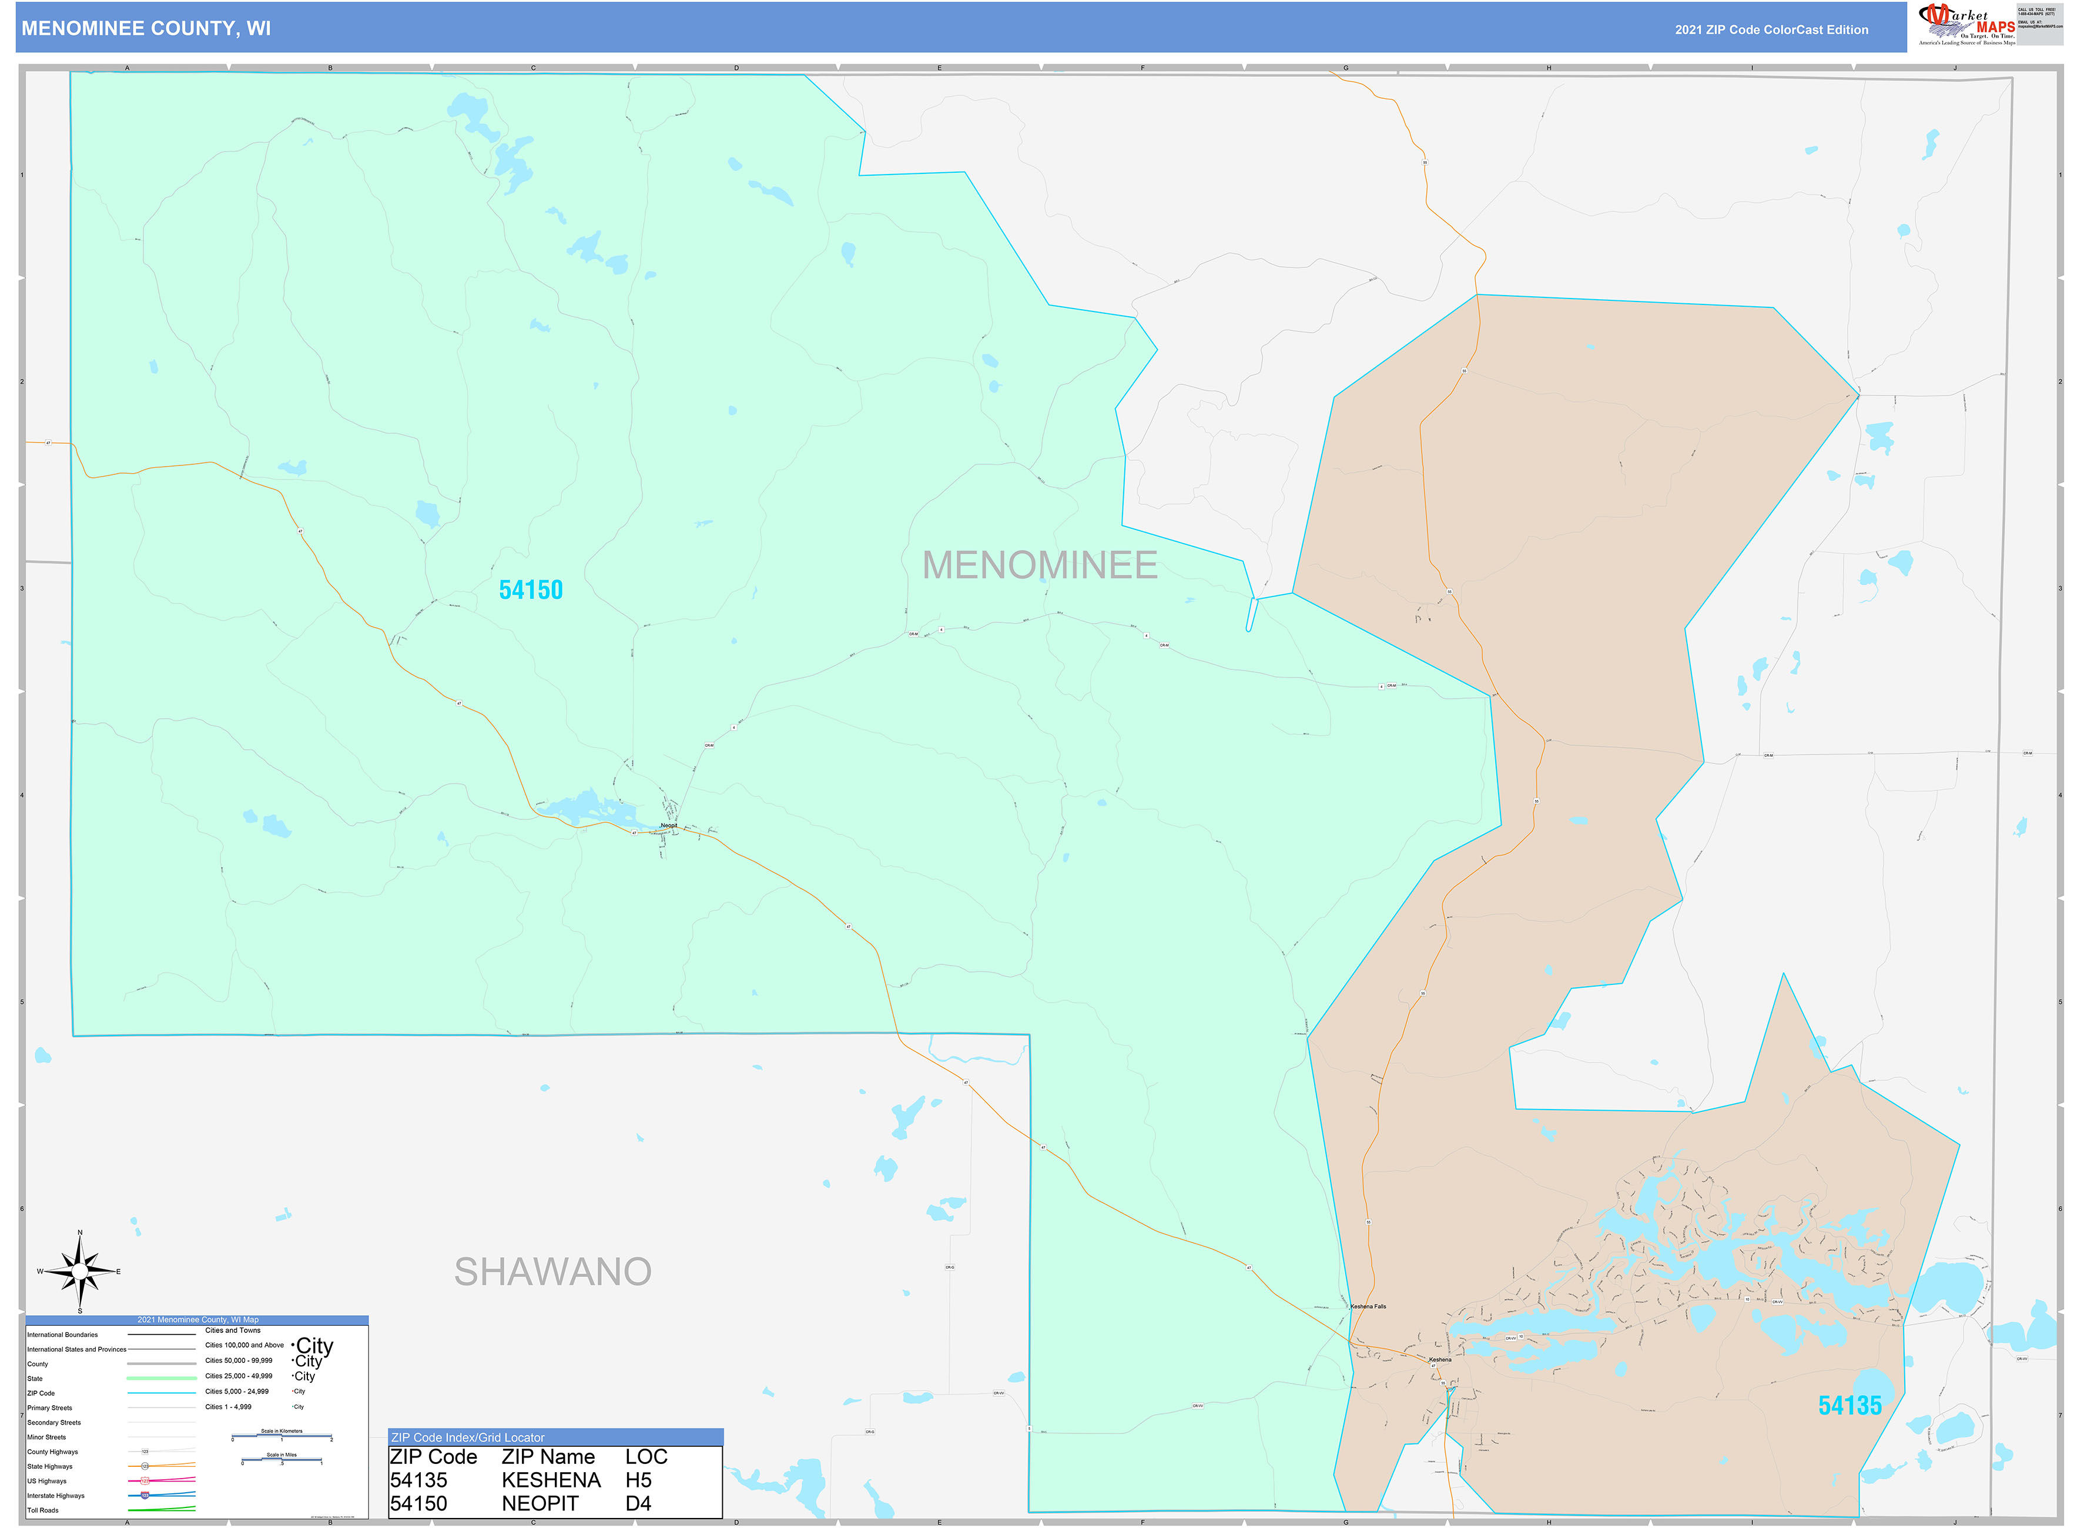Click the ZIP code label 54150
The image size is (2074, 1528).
(530, 589)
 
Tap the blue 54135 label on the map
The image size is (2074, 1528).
(1849, 1405)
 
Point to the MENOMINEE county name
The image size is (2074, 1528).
(1040, 565)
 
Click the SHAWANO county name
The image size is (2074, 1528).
(552, 1272)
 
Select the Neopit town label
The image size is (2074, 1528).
(669, 825)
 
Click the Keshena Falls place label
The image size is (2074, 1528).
(1368, 1306)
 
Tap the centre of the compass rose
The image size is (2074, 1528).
(79, 1272)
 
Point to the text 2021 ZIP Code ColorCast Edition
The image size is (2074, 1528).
(1771, 29)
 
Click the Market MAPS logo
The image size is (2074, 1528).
(1966, 24)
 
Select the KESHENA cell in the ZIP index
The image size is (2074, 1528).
(551, 1480)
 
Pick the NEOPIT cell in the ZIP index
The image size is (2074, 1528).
(540, 1504)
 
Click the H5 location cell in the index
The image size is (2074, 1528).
(638, 1480)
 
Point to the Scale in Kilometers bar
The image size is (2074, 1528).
(282, 1436)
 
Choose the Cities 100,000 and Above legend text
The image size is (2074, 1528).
(244, 1345)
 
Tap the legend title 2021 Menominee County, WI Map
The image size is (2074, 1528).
(198, 1320)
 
